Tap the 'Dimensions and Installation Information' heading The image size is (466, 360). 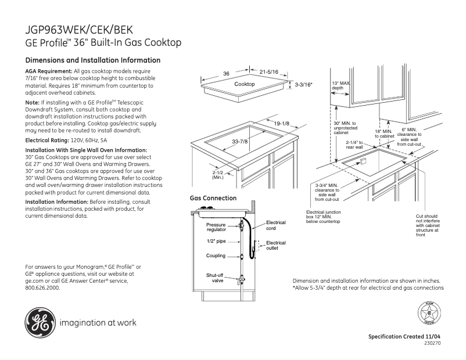93,60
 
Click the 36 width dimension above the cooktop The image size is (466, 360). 226,74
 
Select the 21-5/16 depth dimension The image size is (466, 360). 269,72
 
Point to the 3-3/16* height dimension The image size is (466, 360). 303,85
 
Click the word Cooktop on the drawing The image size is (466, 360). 244,84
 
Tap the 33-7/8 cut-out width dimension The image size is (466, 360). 240,142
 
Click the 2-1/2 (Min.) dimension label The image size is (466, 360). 218,175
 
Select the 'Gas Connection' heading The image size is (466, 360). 213,198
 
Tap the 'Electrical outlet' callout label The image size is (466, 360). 275,245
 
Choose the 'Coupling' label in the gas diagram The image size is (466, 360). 216,255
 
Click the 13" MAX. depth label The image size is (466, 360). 341,85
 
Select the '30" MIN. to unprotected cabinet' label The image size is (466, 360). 344,128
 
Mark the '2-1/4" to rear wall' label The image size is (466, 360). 354,145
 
